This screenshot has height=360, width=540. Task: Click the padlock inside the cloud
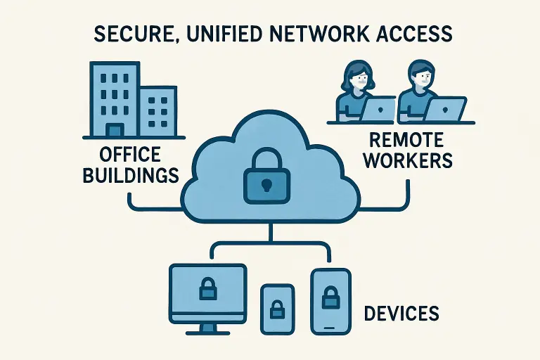point(266,175)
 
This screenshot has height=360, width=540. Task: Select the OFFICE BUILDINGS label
point(131,164)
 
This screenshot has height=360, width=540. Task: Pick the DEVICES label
point(401,312)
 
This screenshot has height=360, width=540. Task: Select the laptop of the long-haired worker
point(378,109)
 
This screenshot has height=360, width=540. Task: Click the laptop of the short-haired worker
point(446,109)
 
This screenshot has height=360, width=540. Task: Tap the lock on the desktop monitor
point(207,288)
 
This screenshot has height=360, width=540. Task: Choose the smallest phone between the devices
point(277,309)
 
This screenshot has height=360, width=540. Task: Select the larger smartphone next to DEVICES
point(330,301)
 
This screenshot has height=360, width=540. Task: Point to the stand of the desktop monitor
point(207,328)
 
